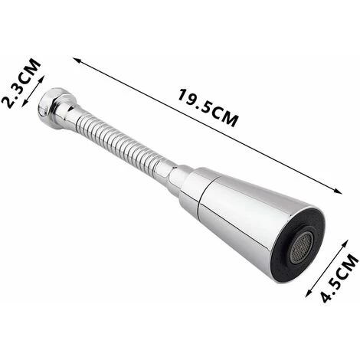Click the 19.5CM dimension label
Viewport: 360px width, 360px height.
(208, 107)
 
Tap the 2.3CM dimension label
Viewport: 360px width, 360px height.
(21, 83)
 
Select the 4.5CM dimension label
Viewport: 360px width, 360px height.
(339, 278)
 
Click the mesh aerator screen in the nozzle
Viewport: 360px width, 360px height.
(302, 247)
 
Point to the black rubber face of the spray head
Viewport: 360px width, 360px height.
(297, 244)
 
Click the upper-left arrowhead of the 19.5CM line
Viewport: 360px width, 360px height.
(77, 61)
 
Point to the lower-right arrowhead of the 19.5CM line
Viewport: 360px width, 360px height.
(339, 191)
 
